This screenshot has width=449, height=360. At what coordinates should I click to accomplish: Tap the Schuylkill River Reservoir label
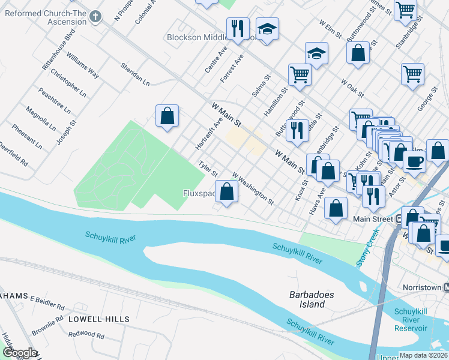tap(411, 320)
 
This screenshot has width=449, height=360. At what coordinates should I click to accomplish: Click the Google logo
tap(19, 353)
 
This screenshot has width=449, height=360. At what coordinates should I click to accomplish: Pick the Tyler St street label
tap(208, 169)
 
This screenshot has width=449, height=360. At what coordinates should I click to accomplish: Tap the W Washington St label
tap(253, 187)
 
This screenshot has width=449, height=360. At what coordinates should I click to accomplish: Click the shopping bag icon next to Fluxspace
tap(226, 192)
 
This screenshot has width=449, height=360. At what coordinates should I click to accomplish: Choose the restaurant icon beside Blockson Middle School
tap(238, 28)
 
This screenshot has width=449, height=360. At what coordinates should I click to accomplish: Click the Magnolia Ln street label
tap(41, 119)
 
